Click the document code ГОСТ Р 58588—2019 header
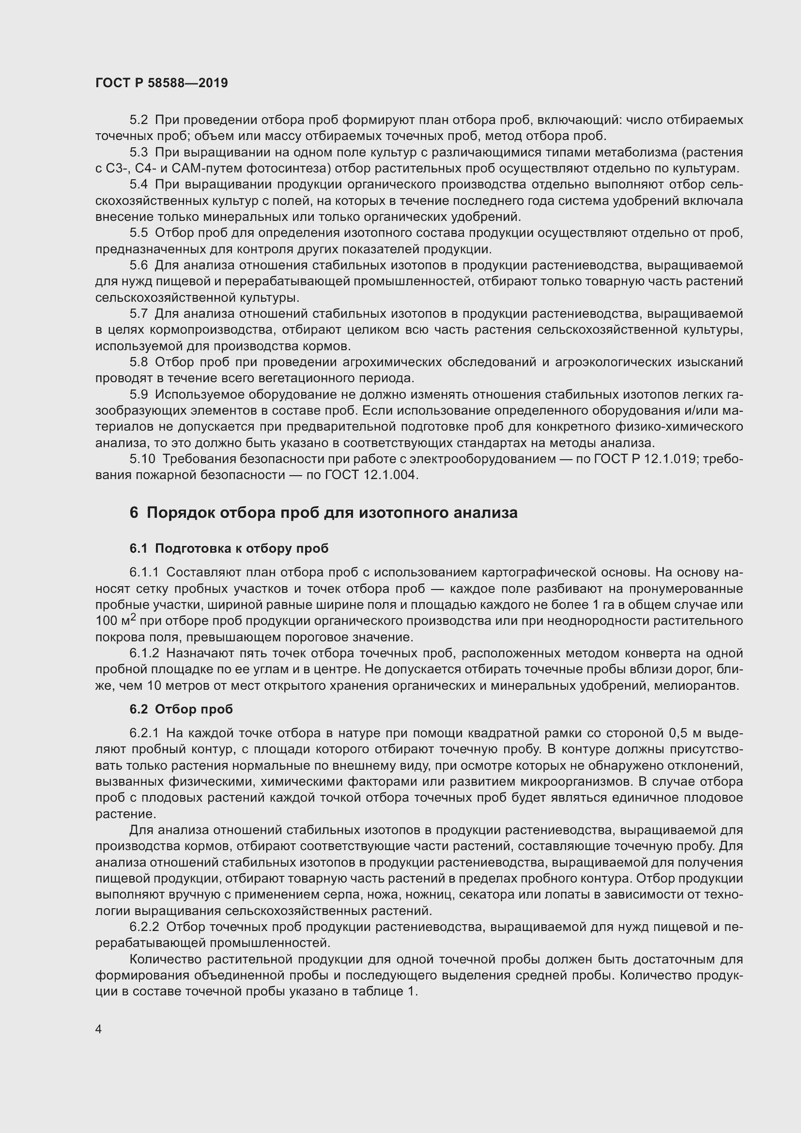tap(161, 83)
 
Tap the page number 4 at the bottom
tap(99, 1029)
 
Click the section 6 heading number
tap(134, 512)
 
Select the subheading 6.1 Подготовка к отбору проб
tap(229, 548)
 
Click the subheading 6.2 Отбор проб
tap(181, 709)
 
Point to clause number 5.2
tap(139, 120)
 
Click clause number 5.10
tap(142, 459)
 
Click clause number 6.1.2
tap(144, 653)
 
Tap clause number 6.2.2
tap(144, 927)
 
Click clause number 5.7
tap(139, 314)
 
